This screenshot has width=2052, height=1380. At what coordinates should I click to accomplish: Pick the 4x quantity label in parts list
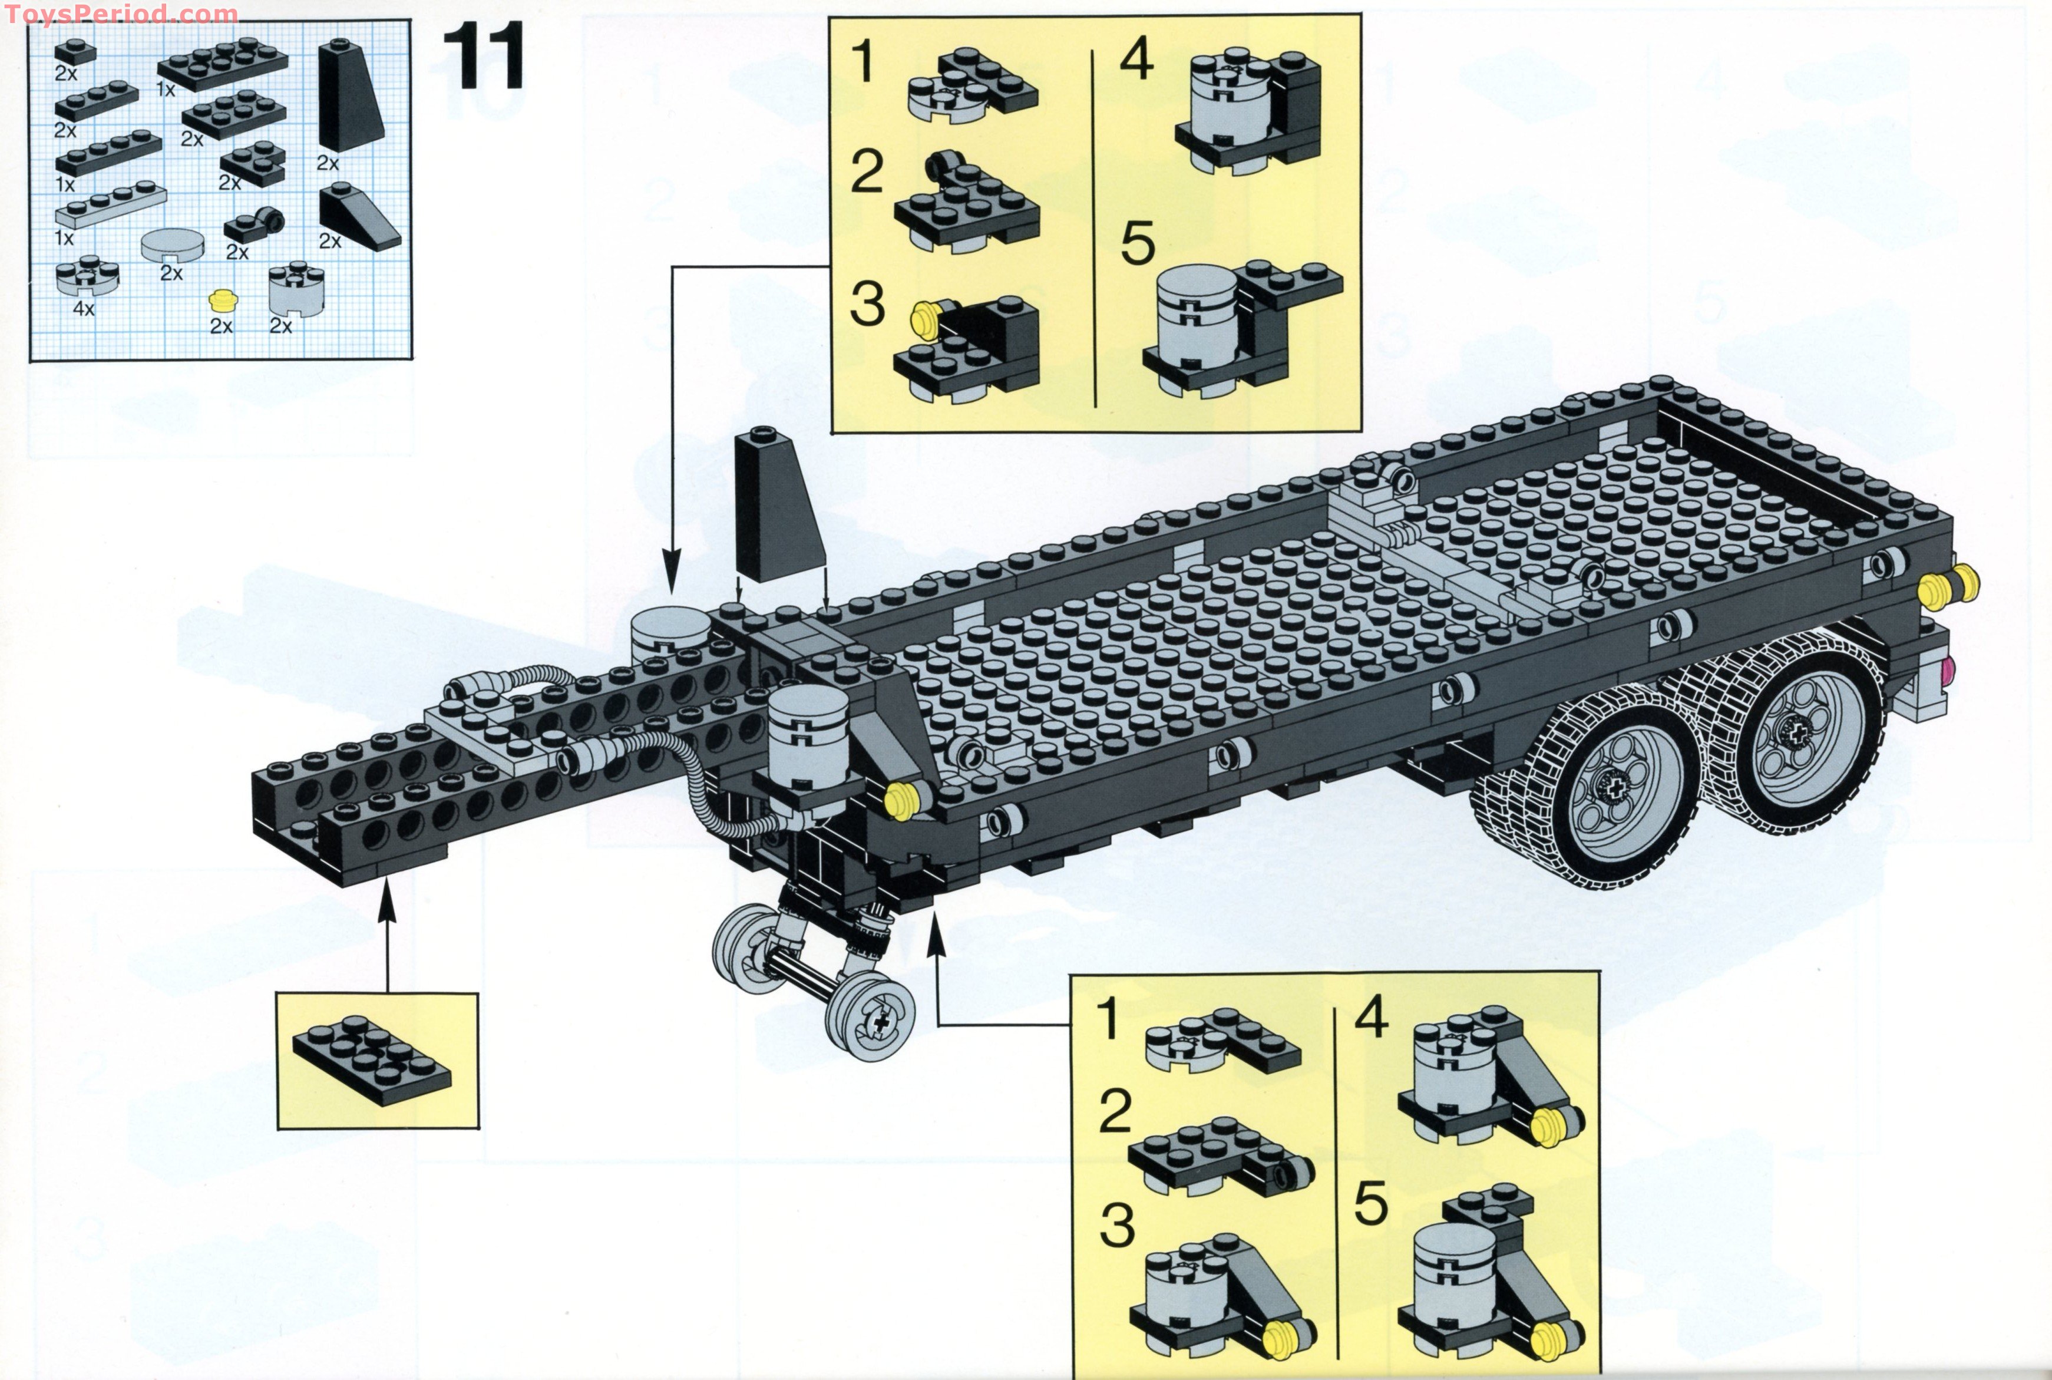pos(84,309)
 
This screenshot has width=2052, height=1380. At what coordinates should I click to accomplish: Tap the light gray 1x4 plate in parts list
pos(110,205)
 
